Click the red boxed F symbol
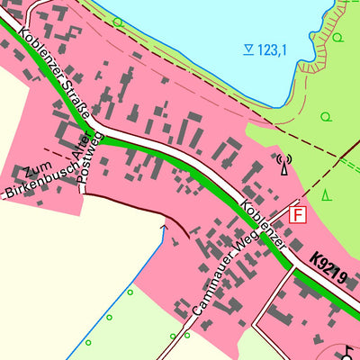coord(298,214)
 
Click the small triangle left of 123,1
coord(248,49)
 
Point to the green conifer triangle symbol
coord(326,193)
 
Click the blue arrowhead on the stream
coord(164,229)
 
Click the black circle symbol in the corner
coord(350,351)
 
